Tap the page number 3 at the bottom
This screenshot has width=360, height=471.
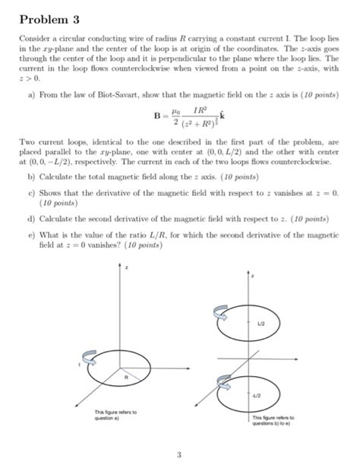pyautogui.click(x=179, y=456)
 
